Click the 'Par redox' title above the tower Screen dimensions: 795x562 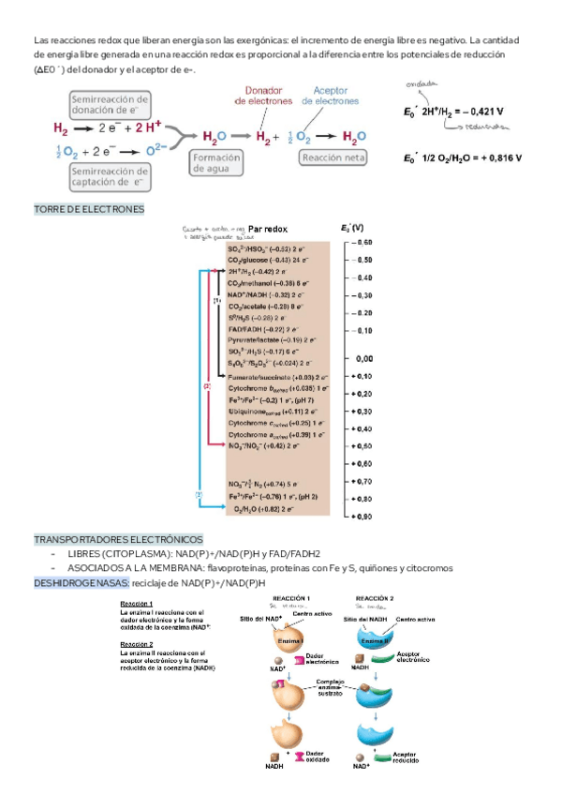tap(267, 229)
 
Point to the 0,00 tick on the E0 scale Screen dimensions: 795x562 tap(362, 359)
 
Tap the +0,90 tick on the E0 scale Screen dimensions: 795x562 tap(362, 516)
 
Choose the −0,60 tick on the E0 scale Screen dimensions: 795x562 tap(362, 243)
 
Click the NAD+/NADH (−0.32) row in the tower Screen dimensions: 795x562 tap(268, 293)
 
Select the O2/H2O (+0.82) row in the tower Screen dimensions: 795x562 tap(271, 510)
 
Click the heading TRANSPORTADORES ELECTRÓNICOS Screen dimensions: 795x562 tap(118, 540)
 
